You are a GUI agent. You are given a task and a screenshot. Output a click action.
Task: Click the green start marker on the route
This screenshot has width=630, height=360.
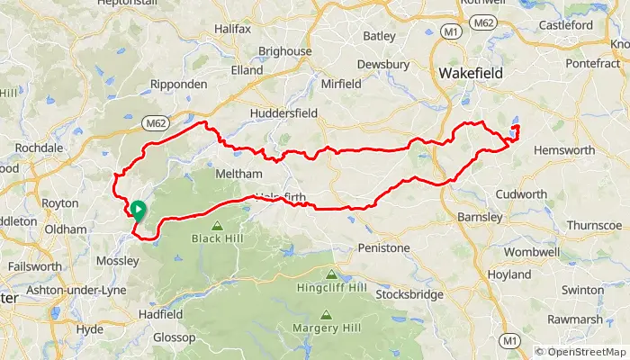(138, 210)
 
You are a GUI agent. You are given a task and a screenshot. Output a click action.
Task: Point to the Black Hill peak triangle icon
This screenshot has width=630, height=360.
(217, 225)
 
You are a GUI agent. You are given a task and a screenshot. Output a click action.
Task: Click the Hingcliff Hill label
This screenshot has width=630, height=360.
(331, 288)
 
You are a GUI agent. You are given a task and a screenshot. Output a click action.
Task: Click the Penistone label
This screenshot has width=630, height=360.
(384, 247)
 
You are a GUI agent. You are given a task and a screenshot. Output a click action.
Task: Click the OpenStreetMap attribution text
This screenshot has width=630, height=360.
(580, 351)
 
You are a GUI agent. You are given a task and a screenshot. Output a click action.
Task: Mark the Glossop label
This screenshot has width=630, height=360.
(175, 337)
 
